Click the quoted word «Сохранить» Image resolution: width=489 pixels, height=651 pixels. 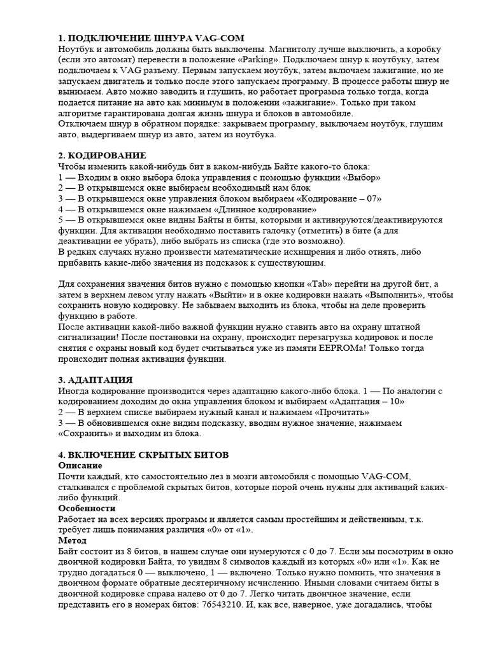(85, 434)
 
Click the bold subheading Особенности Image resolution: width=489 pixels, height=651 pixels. (87, 509)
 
